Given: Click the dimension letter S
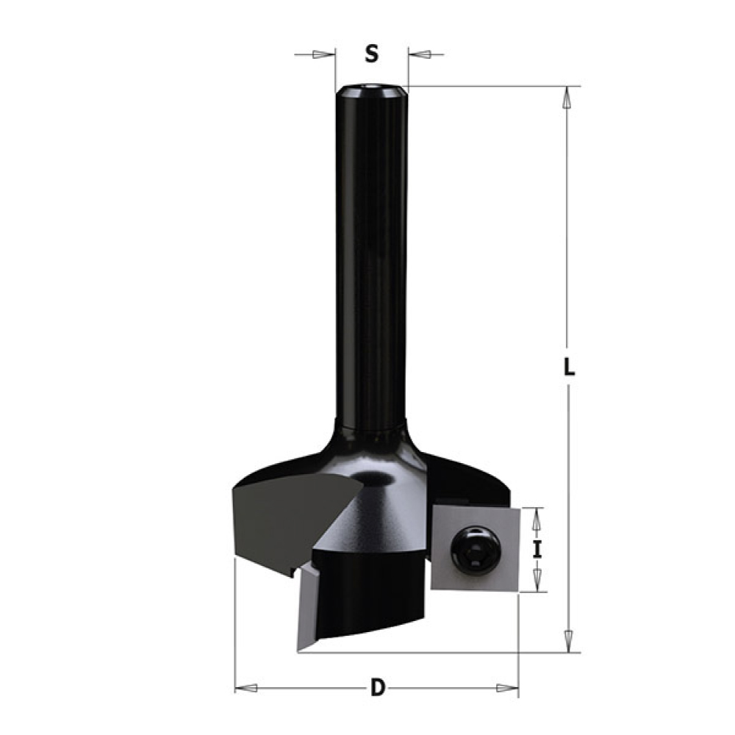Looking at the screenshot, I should pos(372,54).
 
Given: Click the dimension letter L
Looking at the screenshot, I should pos(568,367).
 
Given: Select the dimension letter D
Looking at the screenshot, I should pos(377,689).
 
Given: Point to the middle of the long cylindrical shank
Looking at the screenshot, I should pos(371,257).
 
